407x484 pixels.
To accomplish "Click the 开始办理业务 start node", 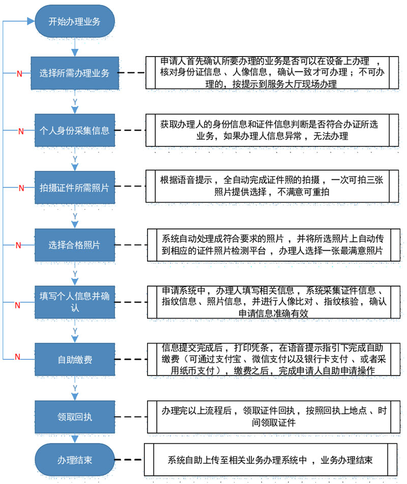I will click(74, 21).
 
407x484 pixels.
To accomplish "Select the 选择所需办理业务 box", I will click(74, 73).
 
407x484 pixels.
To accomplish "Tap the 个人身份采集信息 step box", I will click(74, 130).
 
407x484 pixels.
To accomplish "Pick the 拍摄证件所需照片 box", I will click(74, 187).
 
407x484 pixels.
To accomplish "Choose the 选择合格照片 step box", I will click(74, 245).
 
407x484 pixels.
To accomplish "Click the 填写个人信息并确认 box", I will click(74, 302).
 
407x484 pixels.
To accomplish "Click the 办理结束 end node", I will click(74, 461).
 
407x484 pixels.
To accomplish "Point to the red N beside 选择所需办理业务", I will click(19, 74).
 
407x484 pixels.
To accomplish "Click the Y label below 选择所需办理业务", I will click(75, 102).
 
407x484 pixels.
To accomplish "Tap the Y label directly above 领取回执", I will click(75, 388).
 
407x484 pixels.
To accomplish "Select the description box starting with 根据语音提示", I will click(271, 186).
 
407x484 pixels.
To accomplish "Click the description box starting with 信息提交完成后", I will click(271, 360).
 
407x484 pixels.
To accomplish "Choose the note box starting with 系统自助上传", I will click(270, 461).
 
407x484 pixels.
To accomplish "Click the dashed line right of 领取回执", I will click(133, 417).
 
